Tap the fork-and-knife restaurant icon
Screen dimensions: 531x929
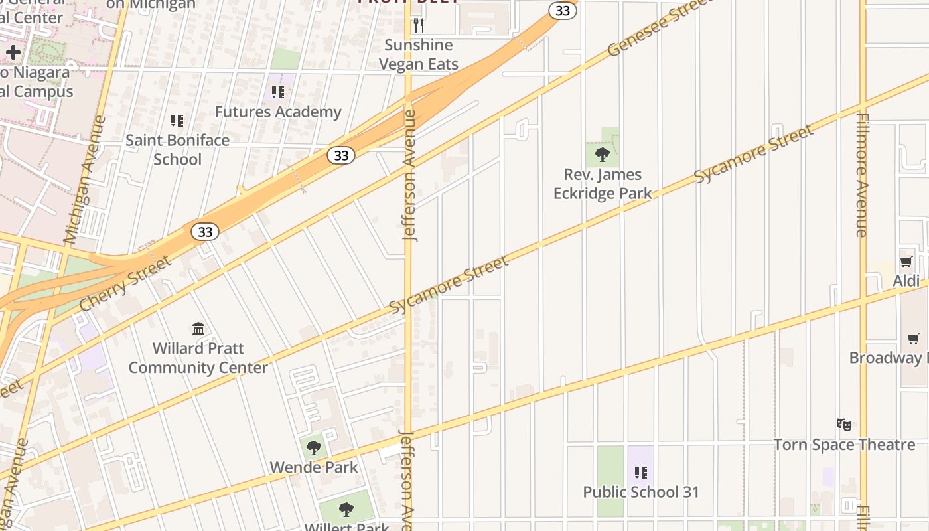pyautogui.click(x=419, y=25)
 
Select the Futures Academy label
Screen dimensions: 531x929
pyautogui.click(x=278, y=112)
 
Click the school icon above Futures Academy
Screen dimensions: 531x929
pyautogui.click(x=278, y=92)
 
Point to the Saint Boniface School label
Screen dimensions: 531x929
pyautogui.click(x=178, y=149)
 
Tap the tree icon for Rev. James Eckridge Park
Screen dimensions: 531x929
pyautogui.click(x=603, y=155)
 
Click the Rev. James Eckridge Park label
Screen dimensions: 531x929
pyautogui.click(x=603, y=184)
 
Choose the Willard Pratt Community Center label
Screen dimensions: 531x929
pyautogui.click(x=198, y=358)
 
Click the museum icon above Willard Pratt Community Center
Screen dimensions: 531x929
pyautogui.click(x=198, y=329)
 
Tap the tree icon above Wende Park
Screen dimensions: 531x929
pyautogui.click(x=315, y=448)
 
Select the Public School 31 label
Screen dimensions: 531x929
pyautogui.click(x=641, y=492)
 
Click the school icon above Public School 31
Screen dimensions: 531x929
pyautogui.click(x=641, y=473)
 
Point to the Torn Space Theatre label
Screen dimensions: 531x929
pyautogui.click(x=844, y=444)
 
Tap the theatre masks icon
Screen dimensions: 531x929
pyautogui.click(x=844, y=424)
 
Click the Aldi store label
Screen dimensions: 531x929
pyautogui.click(x=906, y=281)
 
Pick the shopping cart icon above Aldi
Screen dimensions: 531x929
pyautogui.click(x=906, y=262)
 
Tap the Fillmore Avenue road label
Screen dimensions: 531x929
pyautogui.click(x=862, y=175)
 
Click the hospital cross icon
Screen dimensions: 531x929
pyautogui.click(x=13, y=52)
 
